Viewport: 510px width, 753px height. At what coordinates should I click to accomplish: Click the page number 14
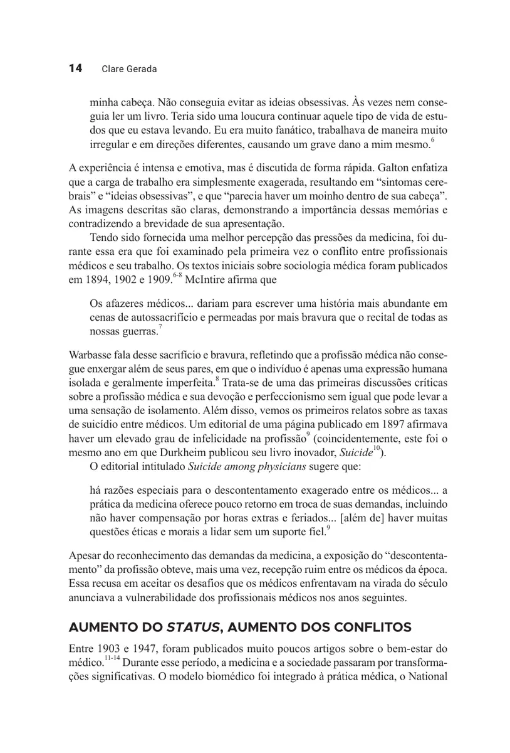(x=75, y=68)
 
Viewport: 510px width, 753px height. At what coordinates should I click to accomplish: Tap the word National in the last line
(x=426, y=677)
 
